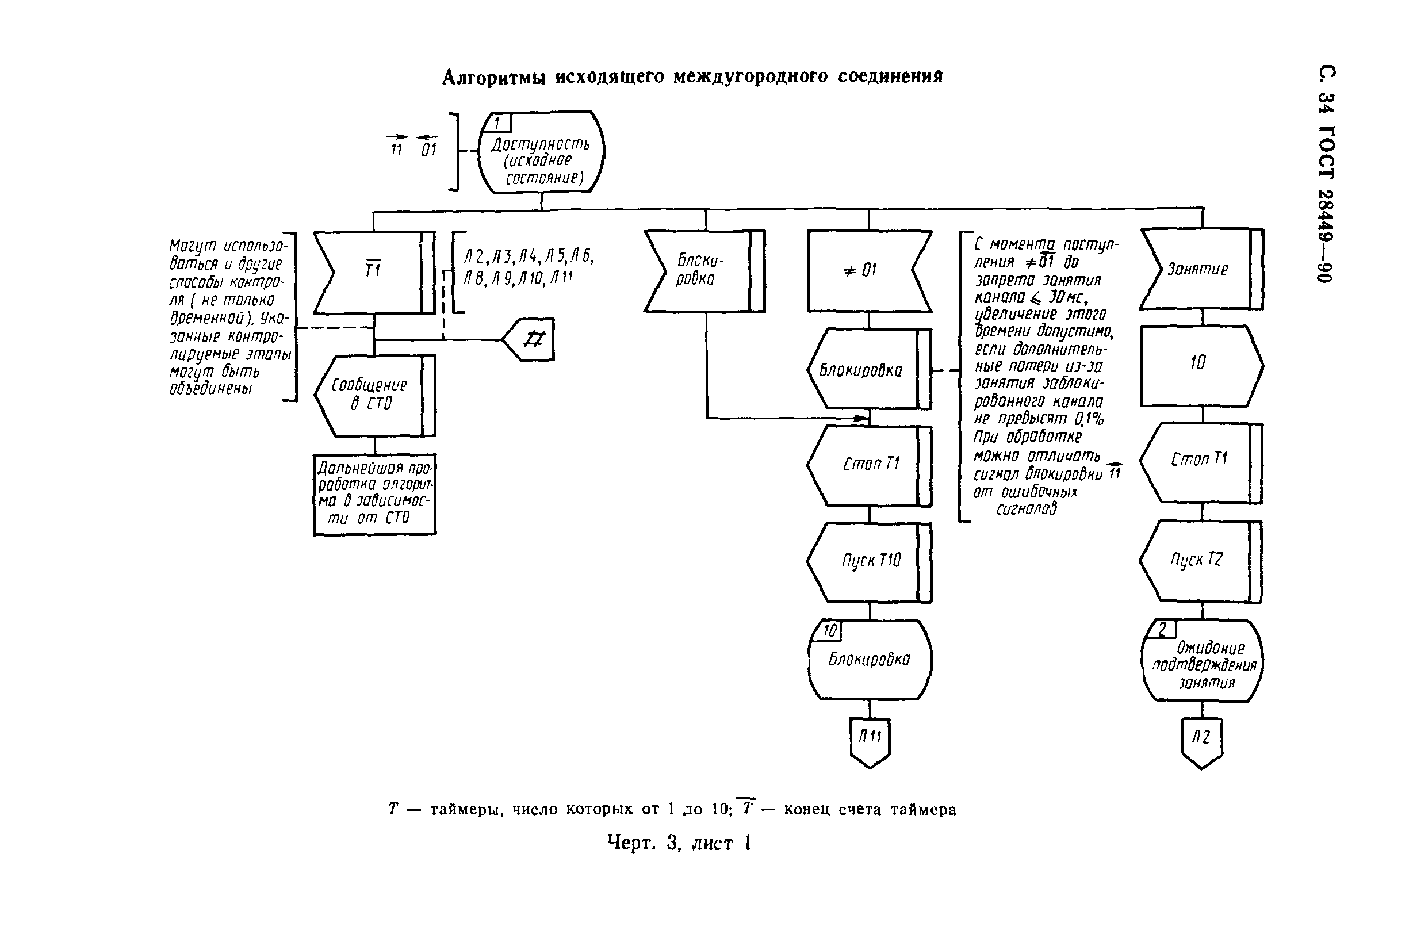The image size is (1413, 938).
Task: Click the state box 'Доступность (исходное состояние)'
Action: click(x=541, y=152)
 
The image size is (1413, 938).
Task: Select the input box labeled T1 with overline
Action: click(x=374, y=272)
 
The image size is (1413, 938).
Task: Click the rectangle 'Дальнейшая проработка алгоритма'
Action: click(x=374, y=494)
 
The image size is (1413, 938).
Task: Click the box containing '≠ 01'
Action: click(x=868, y=271)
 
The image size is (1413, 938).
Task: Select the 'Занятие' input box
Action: click(x=1201, y=269)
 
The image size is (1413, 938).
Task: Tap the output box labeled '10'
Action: click(x=1201, y=365)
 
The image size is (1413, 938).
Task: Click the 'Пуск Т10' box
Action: click(x=869, y=562)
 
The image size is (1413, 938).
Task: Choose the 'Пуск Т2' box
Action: click(x=1201, y=561)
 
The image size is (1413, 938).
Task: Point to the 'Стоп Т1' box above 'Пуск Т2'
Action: click(x=1201, y=462)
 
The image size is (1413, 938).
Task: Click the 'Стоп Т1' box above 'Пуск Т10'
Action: click(x=869, y=465)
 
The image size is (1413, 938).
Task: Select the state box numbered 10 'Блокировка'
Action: click(x=870, y=659)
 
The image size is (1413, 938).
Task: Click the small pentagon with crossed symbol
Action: click(x=530, y=340)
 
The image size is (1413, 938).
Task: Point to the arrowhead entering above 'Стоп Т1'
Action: click(x=861, y=418)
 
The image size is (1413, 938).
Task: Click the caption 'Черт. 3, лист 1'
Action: click(x=679, y=844)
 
